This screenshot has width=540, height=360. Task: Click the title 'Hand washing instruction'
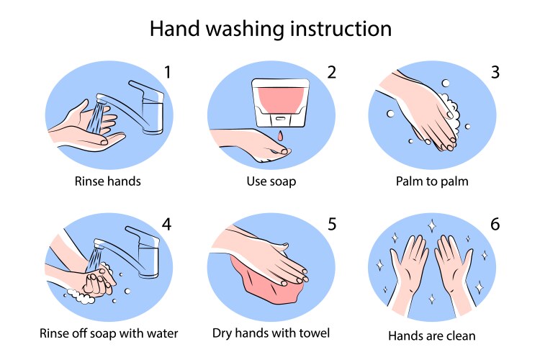pos(270,29)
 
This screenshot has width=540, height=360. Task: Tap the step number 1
pos(167,72)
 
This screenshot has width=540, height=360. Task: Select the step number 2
pos(331,72)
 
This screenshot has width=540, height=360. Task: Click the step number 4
pos(167,224)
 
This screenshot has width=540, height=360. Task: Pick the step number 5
pos(331,224)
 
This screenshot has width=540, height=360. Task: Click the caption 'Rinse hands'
pos(107,181)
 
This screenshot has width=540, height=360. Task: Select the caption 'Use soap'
pos(271,181)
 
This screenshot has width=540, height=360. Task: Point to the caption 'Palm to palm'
pos(432,181)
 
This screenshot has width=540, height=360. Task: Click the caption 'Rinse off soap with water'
pos(108,333)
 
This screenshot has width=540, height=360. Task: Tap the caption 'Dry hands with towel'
pos(271,333)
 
